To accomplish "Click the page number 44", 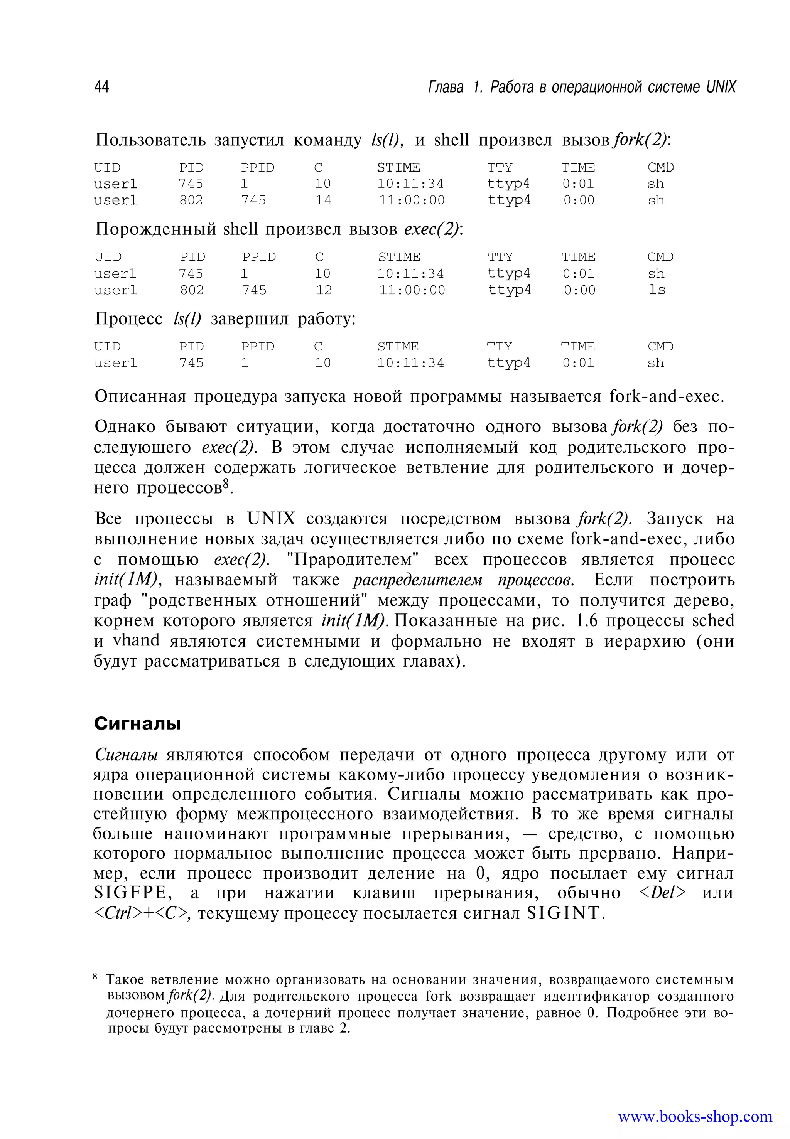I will (x=101, y=87).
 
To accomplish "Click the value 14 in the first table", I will (x=323, y=201).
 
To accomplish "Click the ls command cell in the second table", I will (x=657, y=290).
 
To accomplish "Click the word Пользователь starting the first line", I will (x=150, y=140).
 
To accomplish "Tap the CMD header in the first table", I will (x=660, y=168).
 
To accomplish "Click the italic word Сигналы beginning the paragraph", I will (x=126, y=755).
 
